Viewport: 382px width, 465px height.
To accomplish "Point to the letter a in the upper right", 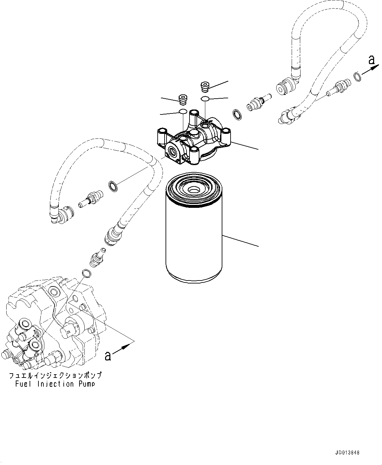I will click(371, 60).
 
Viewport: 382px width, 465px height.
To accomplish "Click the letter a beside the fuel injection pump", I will click(107, 355).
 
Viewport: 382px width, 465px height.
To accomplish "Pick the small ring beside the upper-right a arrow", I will click(357, 77).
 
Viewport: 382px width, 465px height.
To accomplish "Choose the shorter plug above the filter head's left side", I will click(182, 99).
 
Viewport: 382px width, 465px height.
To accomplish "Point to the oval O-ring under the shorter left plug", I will click(183, 112).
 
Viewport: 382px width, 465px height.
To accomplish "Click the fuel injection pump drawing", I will click(53, 326).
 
